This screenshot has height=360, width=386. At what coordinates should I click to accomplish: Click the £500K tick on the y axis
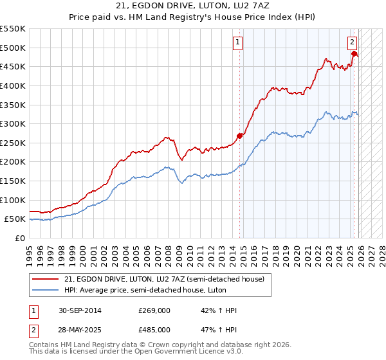click(12, 48)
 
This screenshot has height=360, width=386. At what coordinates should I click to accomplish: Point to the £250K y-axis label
click(12, 143)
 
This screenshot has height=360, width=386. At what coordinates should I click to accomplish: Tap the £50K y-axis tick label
click(15, 219)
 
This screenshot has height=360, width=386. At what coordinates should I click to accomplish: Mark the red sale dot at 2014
click(240, 136)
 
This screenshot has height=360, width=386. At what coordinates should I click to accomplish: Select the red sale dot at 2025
click(354, 53)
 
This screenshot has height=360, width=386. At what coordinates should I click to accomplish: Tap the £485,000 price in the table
click(154, 329)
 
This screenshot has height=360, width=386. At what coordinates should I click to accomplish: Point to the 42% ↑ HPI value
click(219, 310)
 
